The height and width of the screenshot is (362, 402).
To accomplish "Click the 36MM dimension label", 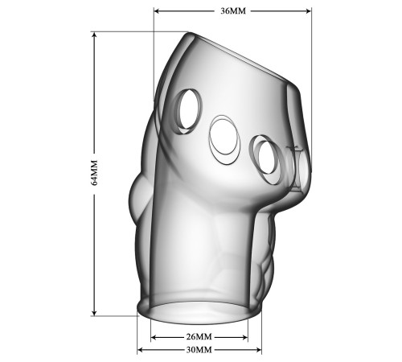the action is [x=233, y=11].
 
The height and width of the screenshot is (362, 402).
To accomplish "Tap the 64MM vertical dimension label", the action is [x=94, y=173].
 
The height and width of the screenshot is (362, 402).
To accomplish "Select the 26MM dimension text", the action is [x=199, y=336].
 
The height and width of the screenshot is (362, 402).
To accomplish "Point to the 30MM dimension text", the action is [x=199, y=350].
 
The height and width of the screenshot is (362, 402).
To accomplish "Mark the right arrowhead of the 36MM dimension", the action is [x=308, y=11].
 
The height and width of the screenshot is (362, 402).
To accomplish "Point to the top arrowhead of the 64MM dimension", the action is [x=94, y=35].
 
